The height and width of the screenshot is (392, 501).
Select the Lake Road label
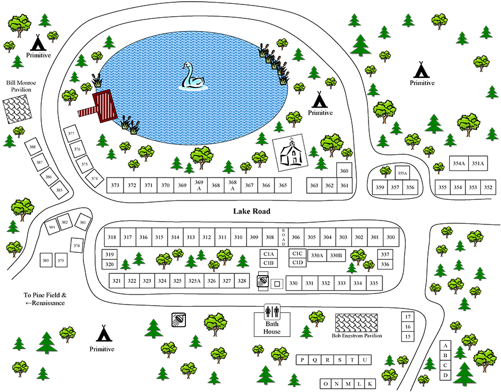tap(252, 212)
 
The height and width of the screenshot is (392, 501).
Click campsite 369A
tap(198, 185)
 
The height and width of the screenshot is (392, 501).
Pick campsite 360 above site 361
tap(345, 171)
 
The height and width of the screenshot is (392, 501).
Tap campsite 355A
tap(402, 173)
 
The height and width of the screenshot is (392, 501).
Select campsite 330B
tap(336, 255)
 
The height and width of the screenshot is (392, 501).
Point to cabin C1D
tap(297, 262)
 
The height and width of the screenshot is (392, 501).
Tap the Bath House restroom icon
tap(272, 311)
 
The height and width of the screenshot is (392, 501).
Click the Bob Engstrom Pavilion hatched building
tap(356, 322)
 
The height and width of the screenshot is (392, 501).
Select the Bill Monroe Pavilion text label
tap(21, 86)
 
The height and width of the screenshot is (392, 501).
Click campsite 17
tap(408, 316)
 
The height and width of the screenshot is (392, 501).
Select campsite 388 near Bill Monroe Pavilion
tap(33, 147)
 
